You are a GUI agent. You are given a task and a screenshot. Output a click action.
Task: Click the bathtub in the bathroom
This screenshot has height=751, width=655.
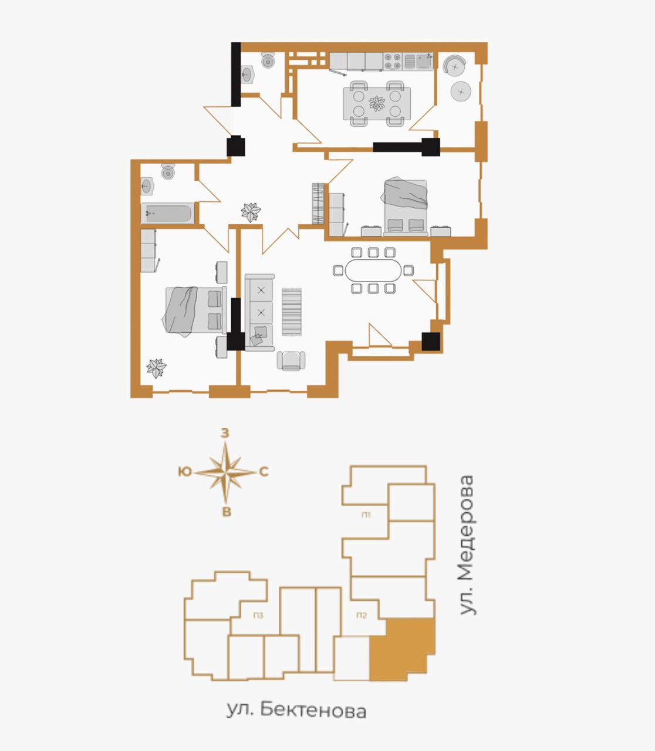click(x=167, y=213)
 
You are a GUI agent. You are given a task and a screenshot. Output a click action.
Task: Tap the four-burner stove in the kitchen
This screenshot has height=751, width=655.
click(x=393, y=61)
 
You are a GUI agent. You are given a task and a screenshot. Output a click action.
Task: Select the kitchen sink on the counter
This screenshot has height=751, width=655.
click(x=418, y=61)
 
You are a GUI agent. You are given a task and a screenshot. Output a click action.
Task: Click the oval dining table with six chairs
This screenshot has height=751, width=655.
click(x=373, y=270)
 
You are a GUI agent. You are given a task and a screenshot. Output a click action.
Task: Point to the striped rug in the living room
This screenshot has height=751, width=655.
click(x=292, y=312)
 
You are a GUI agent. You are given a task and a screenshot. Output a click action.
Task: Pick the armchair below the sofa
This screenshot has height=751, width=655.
click(x=291, y=360)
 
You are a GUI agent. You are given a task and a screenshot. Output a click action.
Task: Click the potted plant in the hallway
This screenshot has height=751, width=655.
click(x=251, y=212)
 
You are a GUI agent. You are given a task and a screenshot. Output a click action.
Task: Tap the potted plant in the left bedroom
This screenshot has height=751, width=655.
click(x=156, y=368)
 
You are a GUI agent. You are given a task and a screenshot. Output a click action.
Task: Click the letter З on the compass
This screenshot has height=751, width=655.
click(x=225, y=433)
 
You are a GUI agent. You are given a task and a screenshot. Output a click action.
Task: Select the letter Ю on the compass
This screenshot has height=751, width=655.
click(x=185, y=471)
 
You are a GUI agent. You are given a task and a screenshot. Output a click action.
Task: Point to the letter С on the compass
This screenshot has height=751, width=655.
click(x=264, y=472)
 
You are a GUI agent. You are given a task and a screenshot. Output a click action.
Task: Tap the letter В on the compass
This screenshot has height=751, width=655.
click(x=227, y=512)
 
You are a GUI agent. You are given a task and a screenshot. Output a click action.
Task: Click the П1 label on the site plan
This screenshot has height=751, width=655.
click(x=366, y=515)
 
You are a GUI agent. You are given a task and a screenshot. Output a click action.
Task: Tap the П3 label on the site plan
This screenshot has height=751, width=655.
click(x=258, y=615)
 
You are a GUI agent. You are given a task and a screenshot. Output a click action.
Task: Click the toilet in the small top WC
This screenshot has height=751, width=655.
click(x=268, y=60)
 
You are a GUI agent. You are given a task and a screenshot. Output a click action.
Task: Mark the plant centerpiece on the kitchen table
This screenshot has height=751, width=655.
click(x=377, y=103)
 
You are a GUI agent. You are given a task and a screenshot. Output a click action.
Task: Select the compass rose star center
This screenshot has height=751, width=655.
click(x=226, y=472)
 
